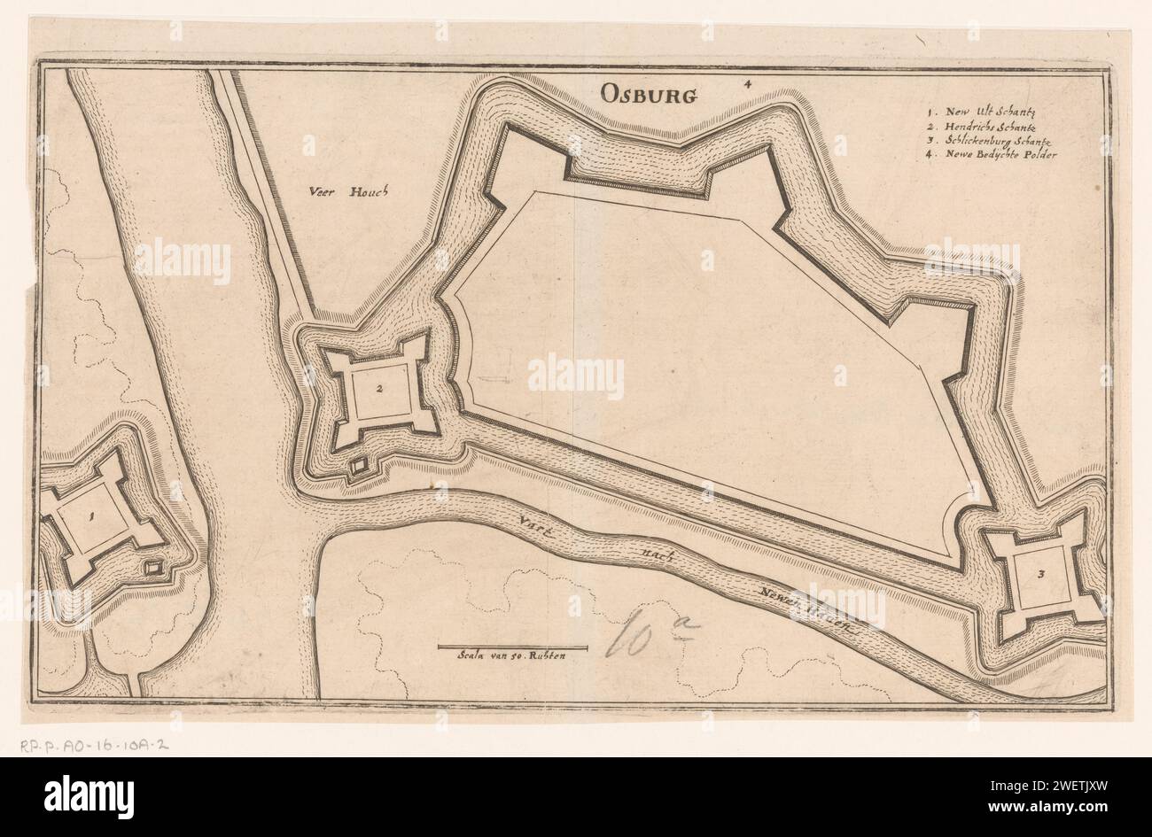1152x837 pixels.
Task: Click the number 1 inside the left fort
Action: pyautogui.click(x=90, y=519)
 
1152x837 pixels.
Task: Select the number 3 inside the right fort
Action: pyautogui.click(x=1040, y=574)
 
